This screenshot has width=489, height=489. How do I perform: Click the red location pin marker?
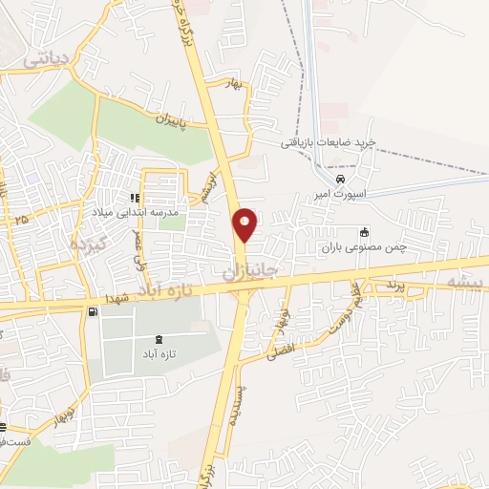click(x=245, y=223)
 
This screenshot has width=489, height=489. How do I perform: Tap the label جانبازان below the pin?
click(x=255, y=272)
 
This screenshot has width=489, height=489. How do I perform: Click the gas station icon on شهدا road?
click(x=92, y=311)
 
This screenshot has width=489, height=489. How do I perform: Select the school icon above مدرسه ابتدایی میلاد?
click(x=134, y=198)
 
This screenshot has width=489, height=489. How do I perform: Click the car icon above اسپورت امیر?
click(x=341, y=180)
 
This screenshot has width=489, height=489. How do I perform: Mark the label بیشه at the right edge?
click(x=465, y=282)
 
